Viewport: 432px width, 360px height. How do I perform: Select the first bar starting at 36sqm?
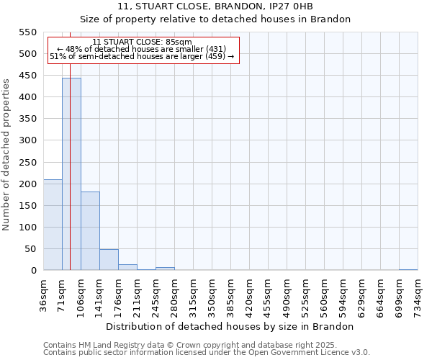click(x=53, y=225)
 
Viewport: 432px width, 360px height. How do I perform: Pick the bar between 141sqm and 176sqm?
click(x=109, y=260)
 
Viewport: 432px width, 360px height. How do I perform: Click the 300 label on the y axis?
click(x=27, y=140)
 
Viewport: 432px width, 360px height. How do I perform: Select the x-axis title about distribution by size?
click(x=234, y=326)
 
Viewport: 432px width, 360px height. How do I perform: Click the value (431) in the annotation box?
click(x=215, y=49)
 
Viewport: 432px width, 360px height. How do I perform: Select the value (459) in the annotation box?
click(x=214, y=56)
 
